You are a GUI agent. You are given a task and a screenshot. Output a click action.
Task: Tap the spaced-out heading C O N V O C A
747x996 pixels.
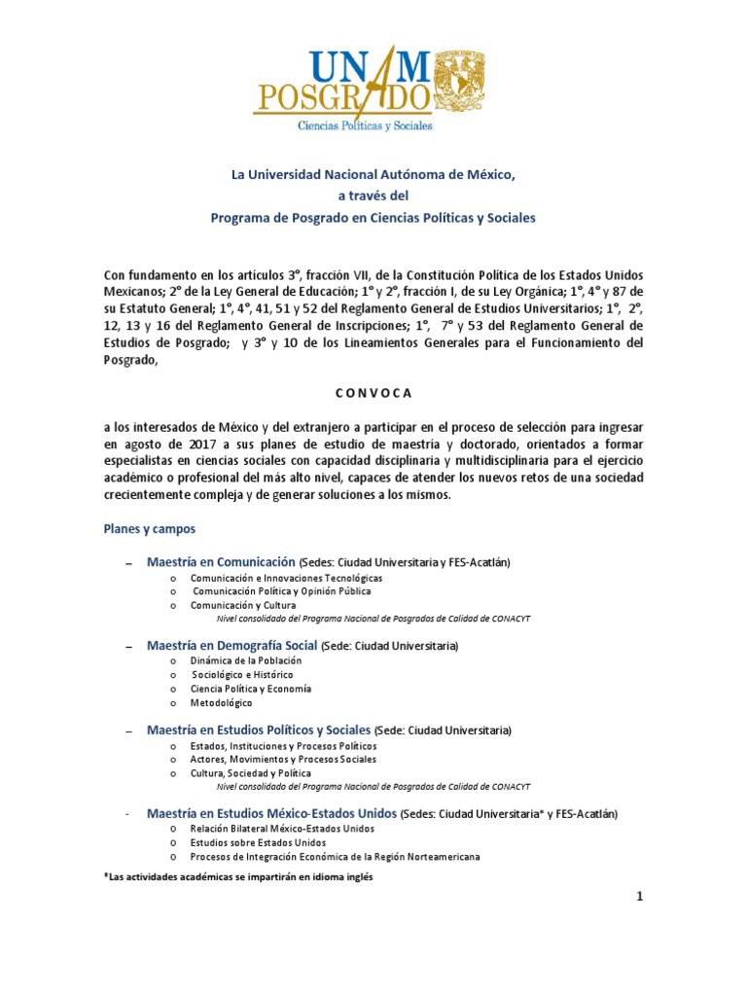373,393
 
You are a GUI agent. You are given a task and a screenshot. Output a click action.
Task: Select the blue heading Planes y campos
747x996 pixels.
150,529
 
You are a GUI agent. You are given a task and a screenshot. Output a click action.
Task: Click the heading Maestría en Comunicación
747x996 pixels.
221,562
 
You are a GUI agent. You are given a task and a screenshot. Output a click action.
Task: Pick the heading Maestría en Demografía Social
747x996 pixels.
232,645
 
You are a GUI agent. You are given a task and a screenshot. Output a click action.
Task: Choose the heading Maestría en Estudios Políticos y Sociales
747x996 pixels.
259,729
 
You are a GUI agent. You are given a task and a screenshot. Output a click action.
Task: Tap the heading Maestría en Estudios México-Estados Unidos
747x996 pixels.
271,812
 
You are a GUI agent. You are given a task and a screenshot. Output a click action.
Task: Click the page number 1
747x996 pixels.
640,897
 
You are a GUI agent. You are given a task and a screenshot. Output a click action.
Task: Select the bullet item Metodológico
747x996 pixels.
221,702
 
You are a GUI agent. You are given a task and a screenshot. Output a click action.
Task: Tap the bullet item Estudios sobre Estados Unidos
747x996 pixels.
258,842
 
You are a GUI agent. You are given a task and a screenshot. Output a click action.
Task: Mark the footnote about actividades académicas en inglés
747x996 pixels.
237,875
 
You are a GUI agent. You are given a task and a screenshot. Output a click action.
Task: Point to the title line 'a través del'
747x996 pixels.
373,196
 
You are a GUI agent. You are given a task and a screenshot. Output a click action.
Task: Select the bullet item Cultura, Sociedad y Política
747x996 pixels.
251,772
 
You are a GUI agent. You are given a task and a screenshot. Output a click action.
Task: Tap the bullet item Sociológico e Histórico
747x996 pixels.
242,674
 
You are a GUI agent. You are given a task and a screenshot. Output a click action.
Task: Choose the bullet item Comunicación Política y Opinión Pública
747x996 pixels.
281,590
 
